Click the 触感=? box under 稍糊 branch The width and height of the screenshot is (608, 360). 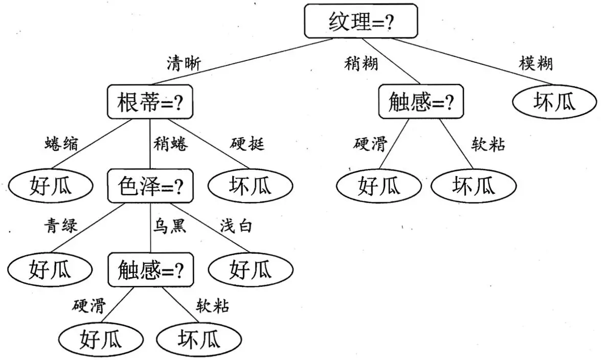tap(421, 102)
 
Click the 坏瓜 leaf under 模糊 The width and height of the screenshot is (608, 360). tap(554, 102)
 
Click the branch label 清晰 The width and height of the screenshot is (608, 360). tap(184, 63)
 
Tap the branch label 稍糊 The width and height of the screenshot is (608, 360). tap(361, 63)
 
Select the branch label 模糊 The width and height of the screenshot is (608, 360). tap(535, 63)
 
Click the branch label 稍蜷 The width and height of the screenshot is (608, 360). tap(170, 145)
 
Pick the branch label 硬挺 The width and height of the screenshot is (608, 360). tap(248, 144)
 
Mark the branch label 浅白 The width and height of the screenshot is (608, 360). tap(236, 226)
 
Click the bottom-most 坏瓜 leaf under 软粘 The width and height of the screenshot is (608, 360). tap(198, 339)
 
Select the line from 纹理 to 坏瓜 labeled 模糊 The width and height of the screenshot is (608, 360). tap(476, 61)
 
